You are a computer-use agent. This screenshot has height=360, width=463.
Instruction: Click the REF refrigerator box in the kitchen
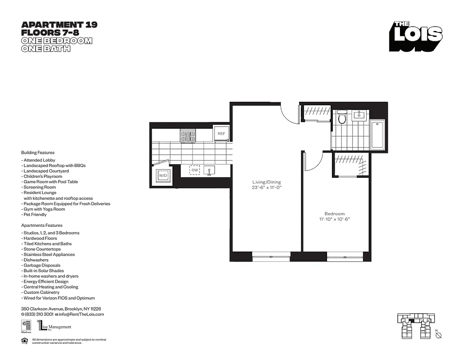point(221,134)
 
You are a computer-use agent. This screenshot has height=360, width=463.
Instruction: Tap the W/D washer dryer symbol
point(162,175)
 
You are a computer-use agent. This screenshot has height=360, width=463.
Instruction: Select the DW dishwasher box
point(195,170)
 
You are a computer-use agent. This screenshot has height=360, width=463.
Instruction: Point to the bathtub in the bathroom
point(377,135)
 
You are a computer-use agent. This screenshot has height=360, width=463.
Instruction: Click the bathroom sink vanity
point(359,115)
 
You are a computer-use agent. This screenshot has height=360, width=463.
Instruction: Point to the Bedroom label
point(334,213)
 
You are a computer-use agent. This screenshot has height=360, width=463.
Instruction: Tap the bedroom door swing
point(314,162)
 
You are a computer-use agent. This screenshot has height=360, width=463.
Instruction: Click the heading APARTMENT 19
point(59,25)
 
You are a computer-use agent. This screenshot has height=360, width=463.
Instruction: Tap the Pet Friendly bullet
point(35,215)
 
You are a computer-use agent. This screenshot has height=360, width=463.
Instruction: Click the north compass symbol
point(439,335)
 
